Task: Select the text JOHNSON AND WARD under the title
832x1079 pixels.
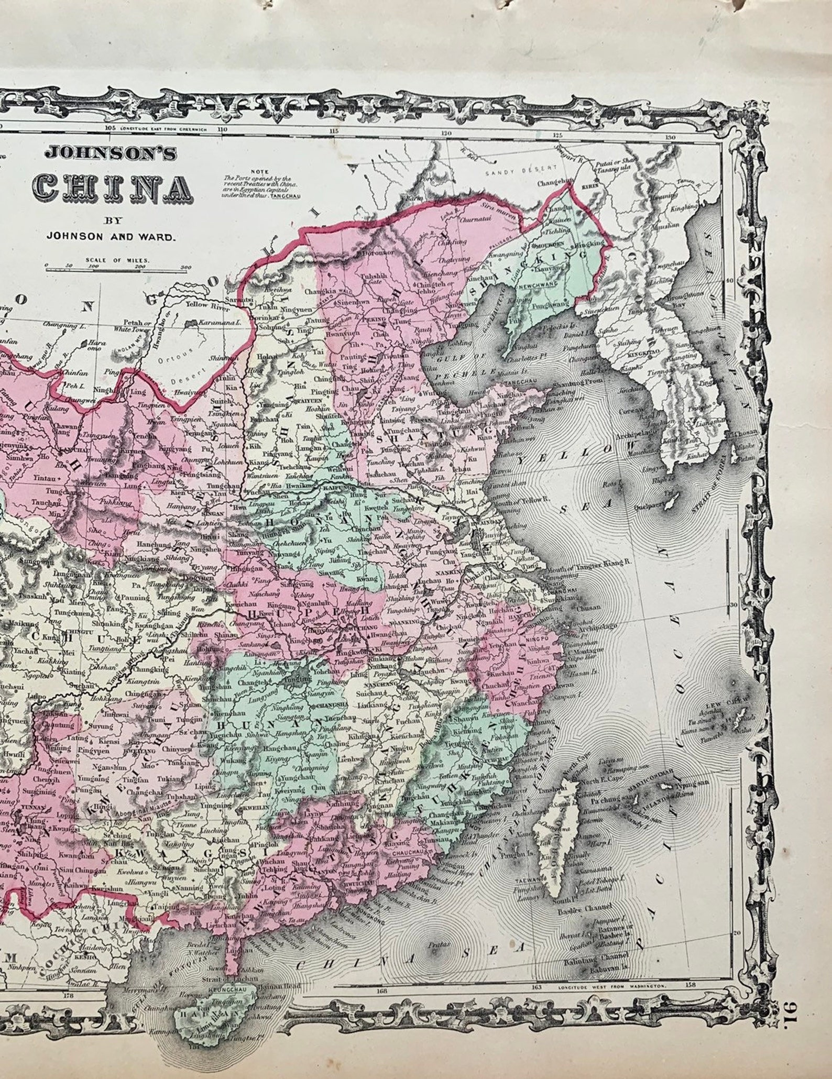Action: (110, 236)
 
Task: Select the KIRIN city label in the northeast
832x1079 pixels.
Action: (583, 186)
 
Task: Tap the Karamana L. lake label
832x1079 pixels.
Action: (218, 324)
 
